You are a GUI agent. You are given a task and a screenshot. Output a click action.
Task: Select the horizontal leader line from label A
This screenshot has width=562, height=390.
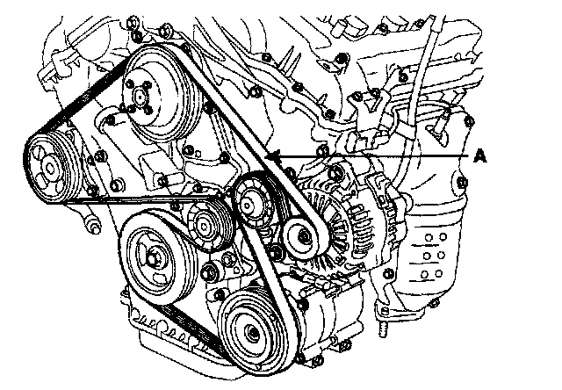click(x=378, y=155)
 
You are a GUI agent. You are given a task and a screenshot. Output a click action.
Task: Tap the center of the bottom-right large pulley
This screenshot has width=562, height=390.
click(x=251, y=333)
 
